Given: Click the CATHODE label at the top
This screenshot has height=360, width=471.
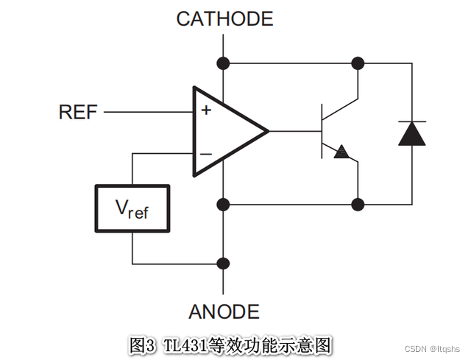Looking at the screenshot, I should [224, 18].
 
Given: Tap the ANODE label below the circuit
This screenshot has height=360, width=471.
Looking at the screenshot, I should [224, 311].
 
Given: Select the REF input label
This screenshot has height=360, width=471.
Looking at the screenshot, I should [77, 112].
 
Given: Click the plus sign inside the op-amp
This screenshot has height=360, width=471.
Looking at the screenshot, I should [206, 111].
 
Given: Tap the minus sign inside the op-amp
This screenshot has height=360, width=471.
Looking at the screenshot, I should [206, 154].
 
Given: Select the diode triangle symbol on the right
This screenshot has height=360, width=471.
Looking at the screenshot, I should [411, 133].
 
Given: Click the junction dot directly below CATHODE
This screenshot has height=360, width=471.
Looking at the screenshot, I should [224, 63].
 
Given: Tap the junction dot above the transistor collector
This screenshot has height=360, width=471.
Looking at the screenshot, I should [358, 63].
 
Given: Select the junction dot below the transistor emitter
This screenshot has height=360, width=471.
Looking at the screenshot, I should [358, 203].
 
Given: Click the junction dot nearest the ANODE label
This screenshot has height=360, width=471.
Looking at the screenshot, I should [224, 263].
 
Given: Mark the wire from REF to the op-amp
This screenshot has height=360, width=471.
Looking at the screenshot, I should [147, 112].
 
